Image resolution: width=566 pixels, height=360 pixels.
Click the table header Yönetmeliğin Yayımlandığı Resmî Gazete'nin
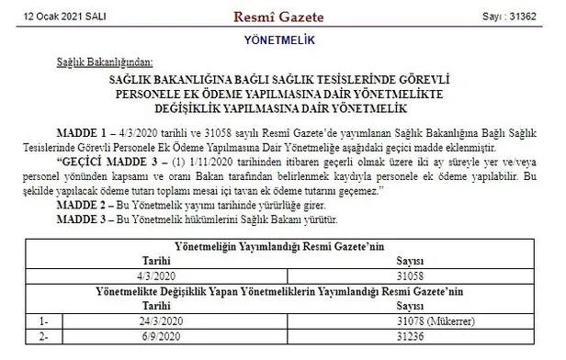coord(283,248)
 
